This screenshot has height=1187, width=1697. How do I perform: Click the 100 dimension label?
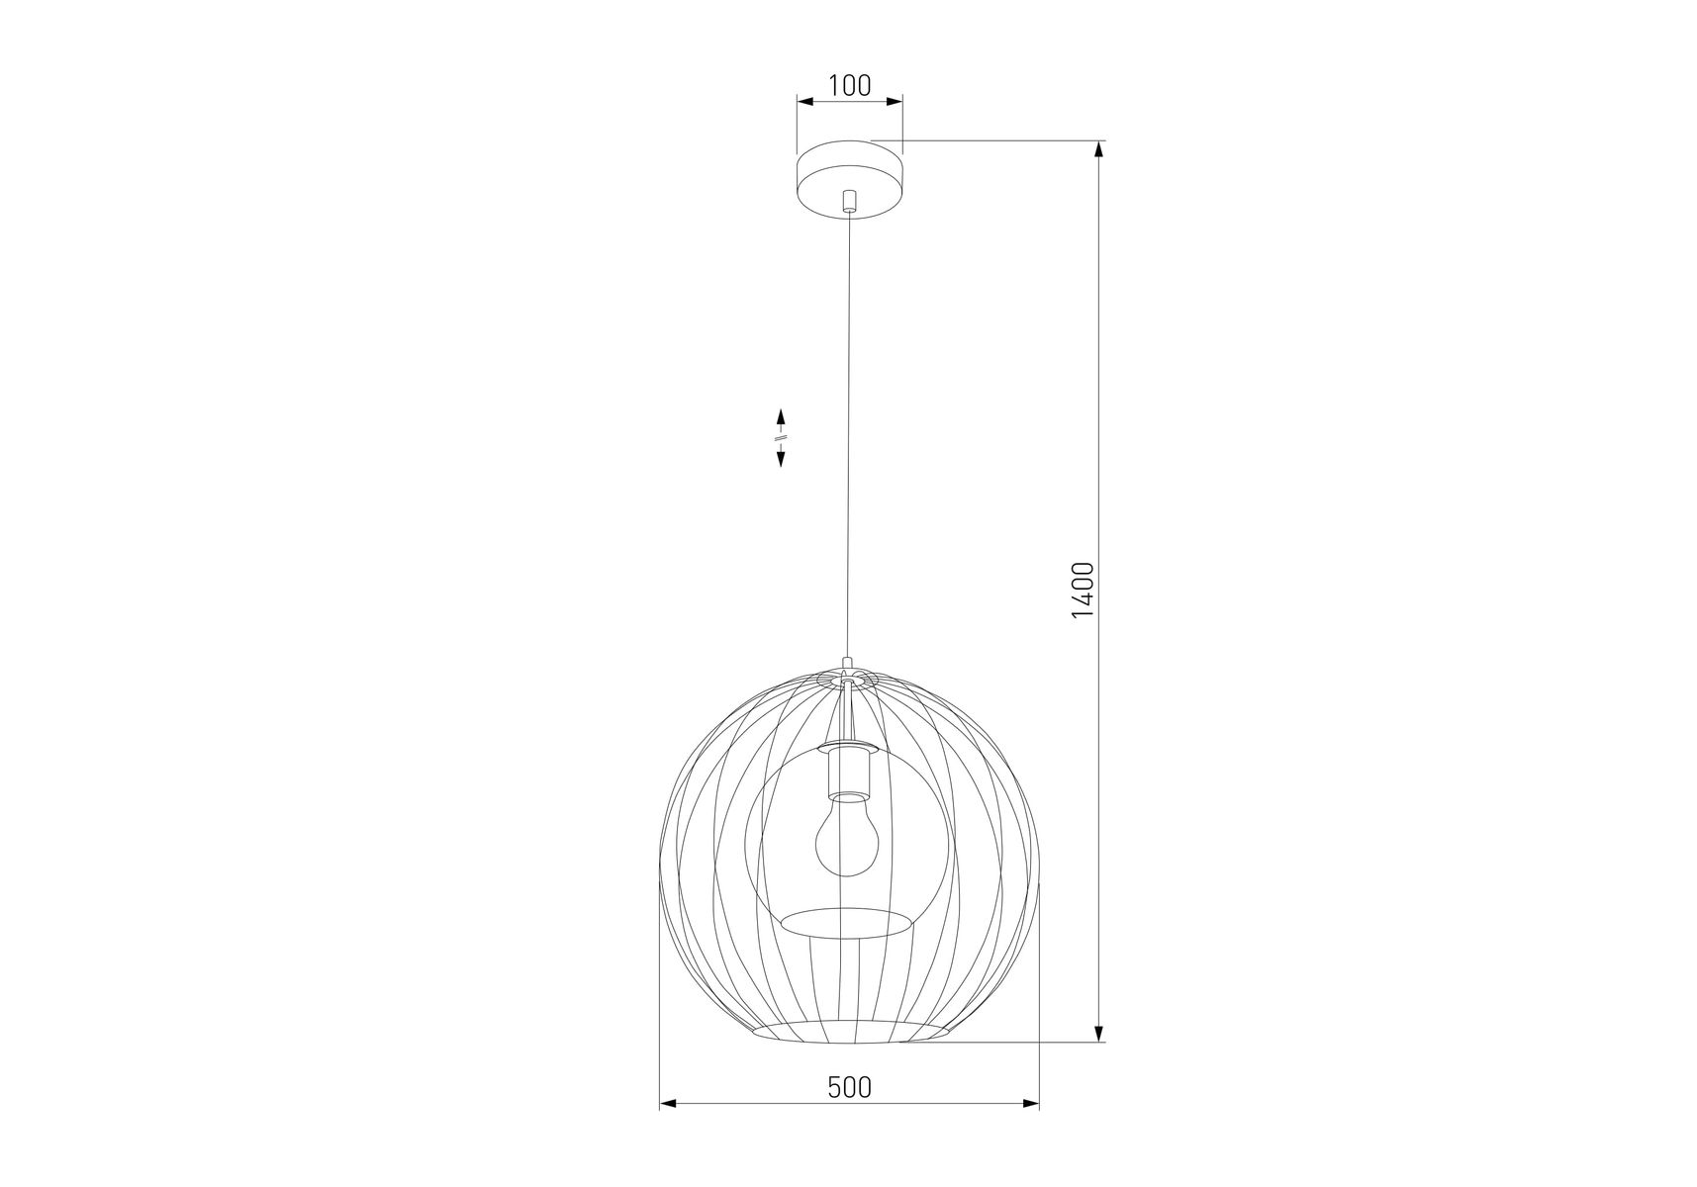pos(850,86)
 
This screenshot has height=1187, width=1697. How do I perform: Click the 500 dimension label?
pos(850,1087)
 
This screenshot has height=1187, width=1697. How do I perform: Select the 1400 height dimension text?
pos(1083,591)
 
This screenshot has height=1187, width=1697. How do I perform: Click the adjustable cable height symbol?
pos(781,437)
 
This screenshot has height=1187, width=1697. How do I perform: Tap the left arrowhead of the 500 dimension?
pos(668,1103)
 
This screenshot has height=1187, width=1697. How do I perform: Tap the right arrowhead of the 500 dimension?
pos(1031,1103)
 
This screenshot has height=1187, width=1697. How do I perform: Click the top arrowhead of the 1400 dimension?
pos(1099,150)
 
